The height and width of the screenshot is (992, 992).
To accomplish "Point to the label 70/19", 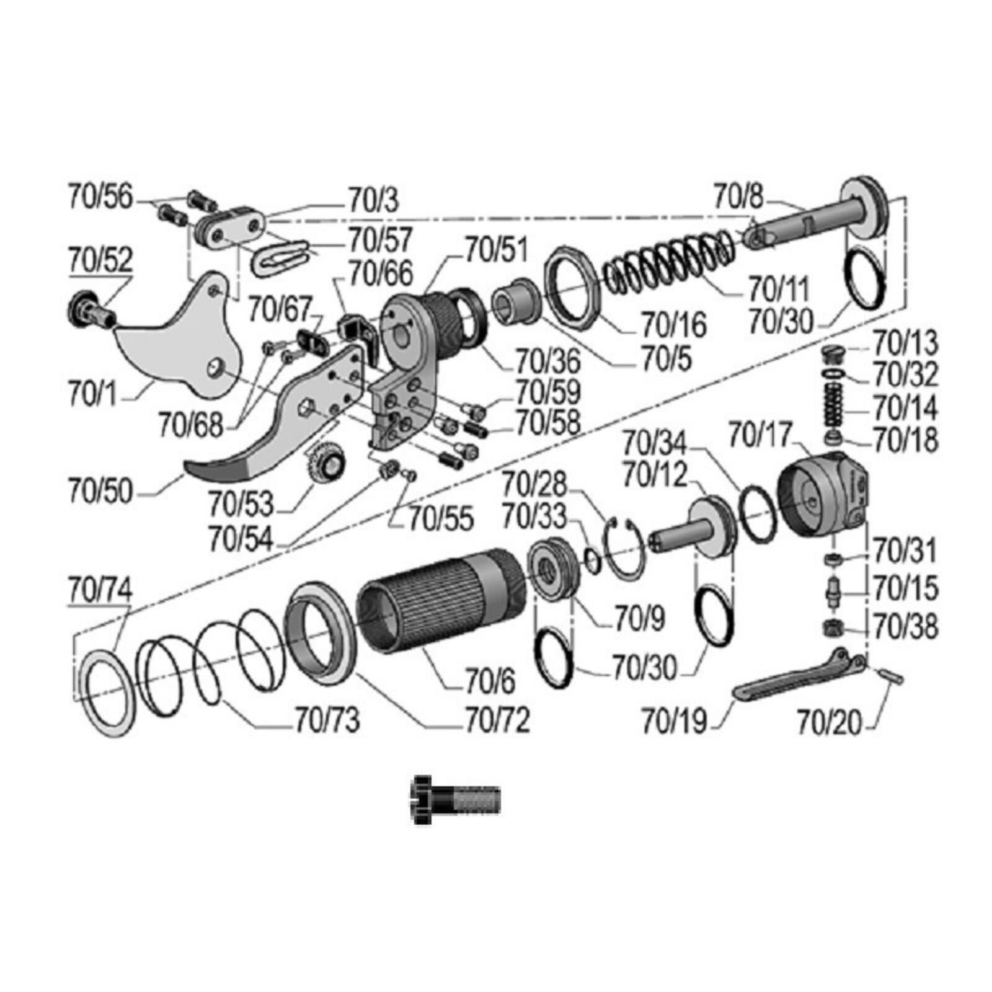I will pos(674,720).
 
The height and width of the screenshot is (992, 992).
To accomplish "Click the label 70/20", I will pos(830,722).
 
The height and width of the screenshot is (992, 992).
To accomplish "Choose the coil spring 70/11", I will pos(670,260).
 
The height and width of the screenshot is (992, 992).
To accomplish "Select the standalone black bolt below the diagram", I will pos(456,800).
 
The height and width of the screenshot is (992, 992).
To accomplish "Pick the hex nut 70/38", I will pos(832,629).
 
